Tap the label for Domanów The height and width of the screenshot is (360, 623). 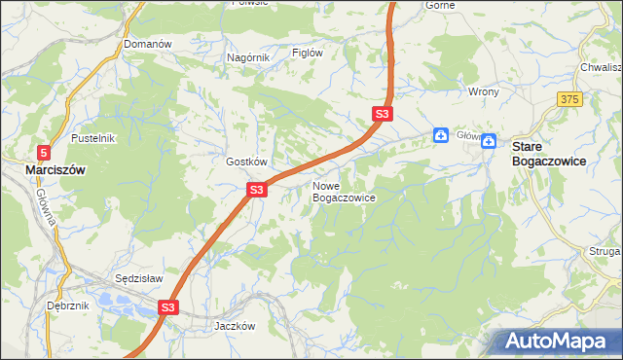coord(148,45)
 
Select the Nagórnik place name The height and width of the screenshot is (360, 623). coord(247,58)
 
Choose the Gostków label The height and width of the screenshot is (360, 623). coord(246,162)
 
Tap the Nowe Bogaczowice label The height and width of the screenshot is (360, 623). coord(344,191)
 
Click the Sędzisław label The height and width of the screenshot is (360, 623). coord(138,277)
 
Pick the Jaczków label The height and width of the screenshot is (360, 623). coord(234,327)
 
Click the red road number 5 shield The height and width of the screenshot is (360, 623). coord(44,152)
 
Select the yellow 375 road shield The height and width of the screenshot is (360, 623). coord(570,99)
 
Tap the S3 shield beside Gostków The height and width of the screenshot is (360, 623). coord(256,190)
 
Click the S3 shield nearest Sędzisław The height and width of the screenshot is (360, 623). coord(168,307)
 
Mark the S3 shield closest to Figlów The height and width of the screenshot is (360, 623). coord(383,115)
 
